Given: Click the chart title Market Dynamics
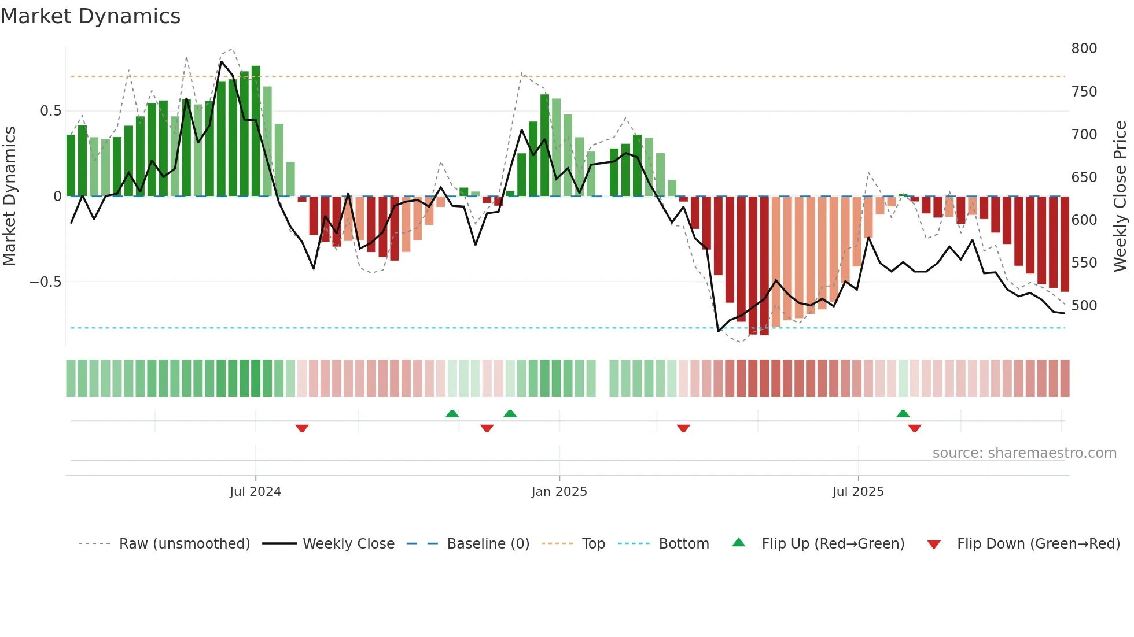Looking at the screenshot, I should coord(90,16).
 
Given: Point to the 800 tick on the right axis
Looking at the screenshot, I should coord(1084,49).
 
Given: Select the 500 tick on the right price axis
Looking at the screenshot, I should coord(1084,306).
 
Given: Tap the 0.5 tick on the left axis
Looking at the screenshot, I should coord(50,111).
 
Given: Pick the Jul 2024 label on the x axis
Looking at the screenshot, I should coord(255,492).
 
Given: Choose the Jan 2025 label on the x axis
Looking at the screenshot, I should coord(559,492).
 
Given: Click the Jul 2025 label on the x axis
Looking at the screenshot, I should coord(858,492).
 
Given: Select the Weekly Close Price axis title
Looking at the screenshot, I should coord(1120,197).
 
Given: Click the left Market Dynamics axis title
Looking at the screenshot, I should coord(9,197).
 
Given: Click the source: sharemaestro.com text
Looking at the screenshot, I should coord(1024,453).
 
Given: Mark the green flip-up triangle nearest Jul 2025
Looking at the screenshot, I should coord(903,414).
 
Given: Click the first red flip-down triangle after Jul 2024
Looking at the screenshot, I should coord(301,428).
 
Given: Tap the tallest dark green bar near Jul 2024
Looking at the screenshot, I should coord(256,132).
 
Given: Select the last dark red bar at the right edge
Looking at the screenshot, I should coord(1064,244).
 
